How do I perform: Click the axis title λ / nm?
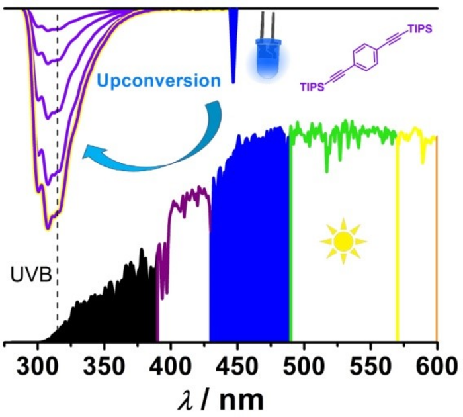tap(220, 398)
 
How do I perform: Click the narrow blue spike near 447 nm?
tap(233, 46)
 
